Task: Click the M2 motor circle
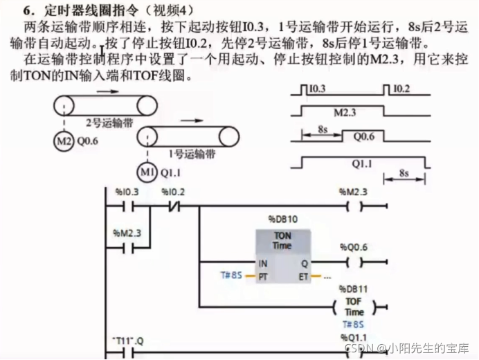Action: (x=62, y=142)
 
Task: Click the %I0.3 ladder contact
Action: (x=127, y=206)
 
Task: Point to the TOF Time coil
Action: (x=354, y=307)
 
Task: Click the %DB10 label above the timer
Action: (x=282, y=219)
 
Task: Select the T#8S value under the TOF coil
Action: (x=354, y=324)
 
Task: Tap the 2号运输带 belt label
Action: (x=109, y=123)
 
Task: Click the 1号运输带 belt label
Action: (x=190, y=153)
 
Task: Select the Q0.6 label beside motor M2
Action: (x=89, y=142)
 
